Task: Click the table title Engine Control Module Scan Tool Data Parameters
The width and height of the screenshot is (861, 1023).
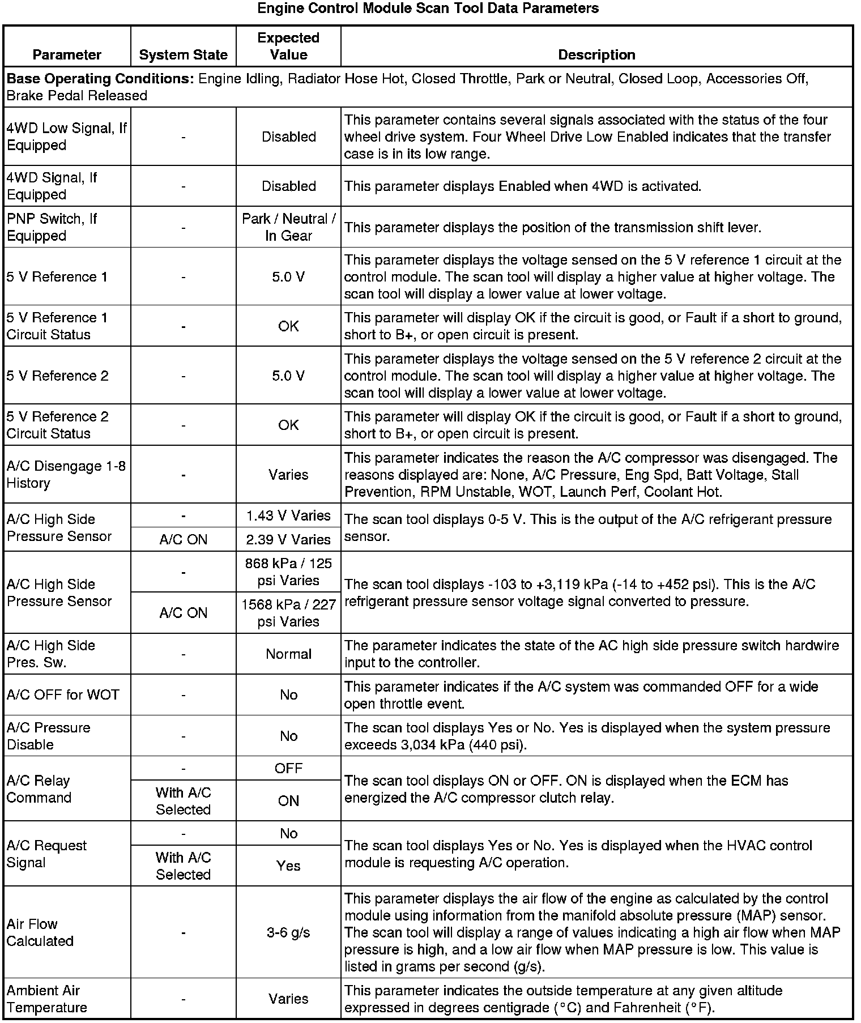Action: [x=428, y=8]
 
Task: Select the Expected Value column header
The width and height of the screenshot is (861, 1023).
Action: [x=288, y=46]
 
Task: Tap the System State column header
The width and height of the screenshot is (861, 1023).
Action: [x=183, y=55]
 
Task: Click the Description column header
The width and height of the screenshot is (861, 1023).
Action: [x=596, y=55]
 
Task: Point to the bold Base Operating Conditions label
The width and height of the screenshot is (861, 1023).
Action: [x=100, y=79]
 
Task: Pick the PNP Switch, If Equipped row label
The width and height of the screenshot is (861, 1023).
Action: [x=52, y=227]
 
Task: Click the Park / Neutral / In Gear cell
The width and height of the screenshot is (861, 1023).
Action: [x=288, y=227]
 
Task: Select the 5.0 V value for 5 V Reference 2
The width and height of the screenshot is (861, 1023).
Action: [x=288, y=376]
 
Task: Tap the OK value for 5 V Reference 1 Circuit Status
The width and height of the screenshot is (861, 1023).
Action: [x=288, y=326]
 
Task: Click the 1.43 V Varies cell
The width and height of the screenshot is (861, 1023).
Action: [x=288, y=516]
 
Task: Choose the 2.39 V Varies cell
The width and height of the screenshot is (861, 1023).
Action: [x=288, y=540]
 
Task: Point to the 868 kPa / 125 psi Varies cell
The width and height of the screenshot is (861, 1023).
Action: [x=288, y=572]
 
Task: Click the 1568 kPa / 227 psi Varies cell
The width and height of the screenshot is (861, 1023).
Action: [x=288, y=613]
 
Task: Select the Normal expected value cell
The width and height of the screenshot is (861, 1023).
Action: [x=288, y=654]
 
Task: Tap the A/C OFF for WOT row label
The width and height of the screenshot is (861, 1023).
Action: [x=63, y=695]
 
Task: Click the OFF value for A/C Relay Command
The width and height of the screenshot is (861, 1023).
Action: [x=288, y=769]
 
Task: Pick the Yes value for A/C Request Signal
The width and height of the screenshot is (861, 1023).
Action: [x=288, y=866]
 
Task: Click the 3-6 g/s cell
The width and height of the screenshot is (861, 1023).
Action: [x=288, y=933]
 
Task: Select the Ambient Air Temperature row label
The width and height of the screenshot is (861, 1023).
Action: [x=47, y=999]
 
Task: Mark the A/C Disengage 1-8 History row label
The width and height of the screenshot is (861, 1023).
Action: [x=66, y=475]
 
